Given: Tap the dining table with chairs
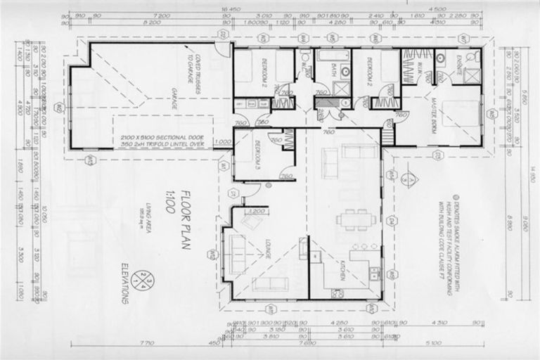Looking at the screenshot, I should pyautogui.click(x=355, y=219).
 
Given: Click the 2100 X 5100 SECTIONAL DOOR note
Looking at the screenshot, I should pyautogui.click(x=162, y=139).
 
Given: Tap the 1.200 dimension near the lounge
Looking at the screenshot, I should pyautogui.click(x=258, y=210).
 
